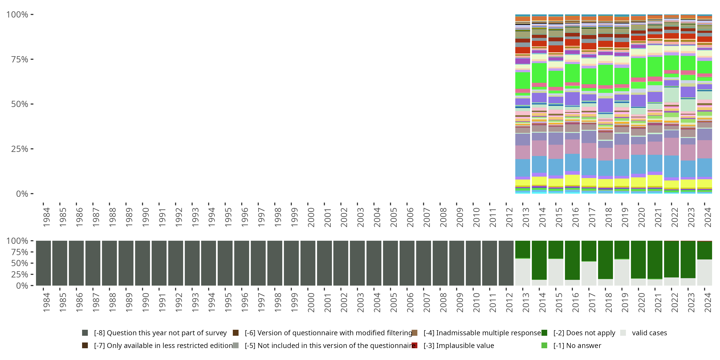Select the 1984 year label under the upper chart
tap(46, 217)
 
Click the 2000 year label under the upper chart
tap(311, 217)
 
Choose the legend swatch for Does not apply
tap(544, 333)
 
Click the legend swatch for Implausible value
tap(414, 345)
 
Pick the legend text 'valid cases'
tap(649, 333)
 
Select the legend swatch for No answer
tap(544, 345)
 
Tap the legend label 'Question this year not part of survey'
tap(160, 333)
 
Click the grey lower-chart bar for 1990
tap(143, 263)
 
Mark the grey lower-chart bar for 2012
tap(506, 263)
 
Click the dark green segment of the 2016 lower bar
tap(572, 260)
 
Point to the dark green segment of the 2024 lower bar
tap(704, 250)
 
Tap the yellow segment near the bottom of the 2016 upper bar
tap(572, 180)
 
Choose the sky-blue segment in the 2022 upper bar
tap(671, 166)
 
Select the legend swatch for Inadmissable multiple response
tap(414, 333)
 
